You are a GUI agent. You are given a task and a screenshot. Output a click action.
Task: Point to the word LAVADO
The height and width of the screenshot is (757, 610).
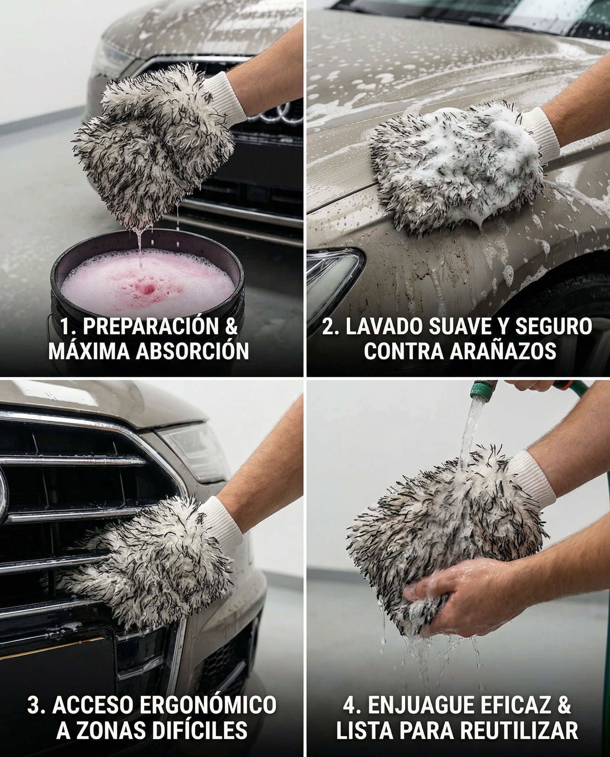pyautogui.click(x=383, y=327)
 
